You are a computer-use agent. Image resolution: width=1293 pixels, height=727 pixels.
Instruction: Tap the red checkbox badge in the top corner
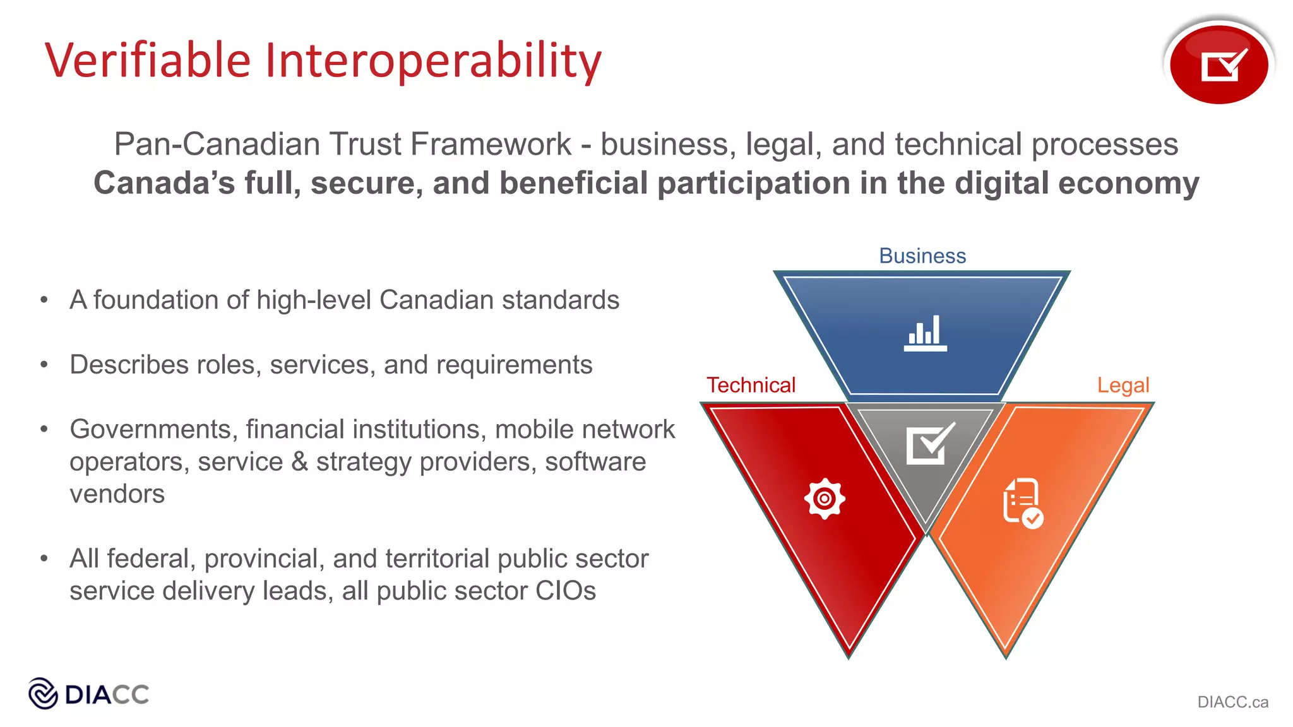(x=1219, y=64)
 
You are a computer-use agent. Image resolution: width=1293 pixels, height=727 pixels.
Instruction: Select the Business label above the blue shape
(x=922, y=256)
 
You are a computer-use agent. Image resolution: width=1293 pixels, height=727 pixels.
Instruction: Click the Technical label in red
(x=751, y=385)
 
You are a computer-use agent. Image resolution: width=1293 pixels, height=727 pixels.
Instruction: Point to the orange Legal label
(x=1123, y=385)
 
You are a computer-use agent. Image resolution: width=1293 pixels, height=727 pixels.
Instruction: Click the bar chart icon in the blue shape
(x=925, y=333)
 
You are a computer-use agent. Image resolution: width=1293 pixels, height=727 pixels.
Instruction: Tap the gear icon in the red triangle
(x=825, y=499)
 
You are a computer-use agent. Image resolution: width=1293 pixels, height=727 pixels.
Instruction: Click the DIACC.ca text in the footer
(x=1232, y=702)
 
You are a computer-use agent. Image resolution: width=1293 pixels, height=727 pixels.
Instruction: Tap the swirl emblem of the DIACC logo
(x=44, y=694)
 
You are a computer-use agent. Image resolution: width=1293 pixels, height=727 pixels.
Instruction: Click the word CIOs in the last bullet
(x=565, y=591)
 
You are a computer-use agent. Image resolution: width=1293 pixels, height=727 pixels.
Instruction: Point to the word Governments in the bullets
(x=153, y=429)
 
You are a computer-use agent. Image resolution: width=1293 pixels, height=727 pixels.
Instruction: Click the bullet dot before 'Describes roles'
(x=44, y=364)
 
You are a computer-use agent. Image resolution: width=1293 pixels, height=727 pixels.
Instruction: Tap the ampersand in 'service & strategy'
(x=299, y=461)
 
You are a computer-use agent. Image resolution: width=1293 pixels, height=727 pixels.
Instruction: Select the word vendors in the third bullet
(x=117, y=494)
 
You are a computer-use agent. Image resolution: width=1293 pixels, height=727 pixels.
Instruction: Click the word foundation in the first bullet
(x=171, y=300)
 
